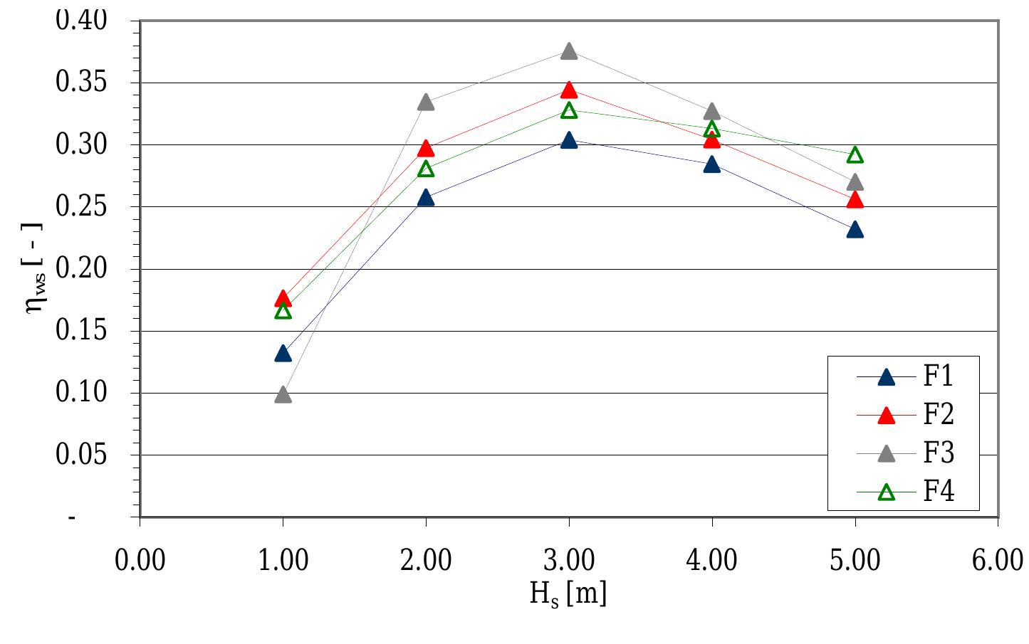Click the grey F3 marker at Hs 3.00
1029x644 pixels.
(569, 51)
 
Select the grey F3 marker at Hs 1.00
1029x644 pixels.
(283, 394)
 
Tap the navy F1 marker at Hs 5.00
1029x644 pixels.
(855, 230)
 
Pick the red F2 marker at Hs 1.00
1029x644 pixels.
(283, 299)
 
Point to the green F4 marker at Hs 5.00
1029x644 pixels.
(855, 155)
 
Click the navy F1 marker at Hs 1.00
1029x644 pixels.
(283, 354)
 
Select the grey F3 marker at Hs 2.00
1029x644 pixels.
(426, 102)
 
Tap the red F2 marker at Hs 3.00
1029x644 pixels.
(569, 90)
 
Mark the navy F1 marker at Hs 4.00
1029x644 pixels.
(712, 165)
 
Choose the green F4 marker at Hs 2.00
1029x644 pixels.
(426, 169)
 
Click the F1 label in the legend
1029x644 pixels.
(938, 376)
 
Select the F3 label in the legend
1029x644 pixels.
(938, 453)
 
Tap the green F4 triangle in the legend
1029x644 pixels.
(887, 492)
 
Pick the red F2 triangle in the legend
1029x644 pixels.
(887, 415)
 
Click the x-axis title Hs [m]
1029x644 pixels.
(568, 593)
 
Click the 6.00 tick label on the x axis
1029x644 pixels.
(997, 561)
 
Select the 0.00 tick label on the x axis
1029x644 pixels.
(140, 561)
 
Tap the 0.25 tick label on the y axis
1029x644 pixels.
(81, 207)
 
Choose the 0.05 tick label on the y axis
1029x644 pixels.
(81, 455)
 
